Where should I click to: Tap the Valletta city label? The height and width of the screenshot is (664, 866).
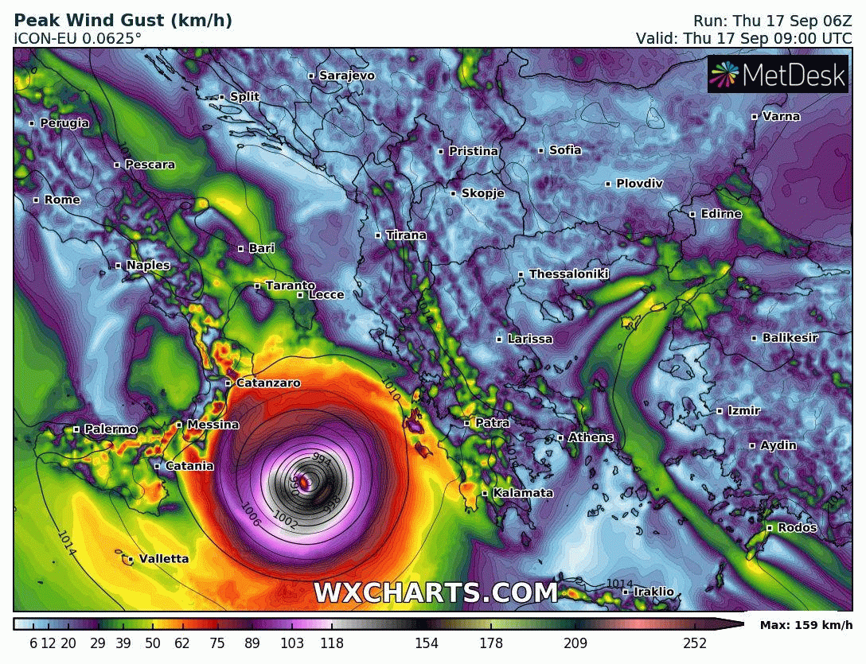tap(163, 559)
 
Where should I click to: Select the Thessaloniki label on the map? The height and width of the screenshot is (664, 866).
tap(568, 274)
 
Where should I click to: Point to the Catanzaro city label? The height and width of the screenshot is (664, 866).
tap(267, 383)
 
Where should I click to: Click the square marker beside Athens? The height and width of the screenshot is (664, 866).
tap(560, 437)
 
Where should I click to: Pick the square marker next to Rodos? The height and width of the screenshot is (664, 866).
tap(770, 528)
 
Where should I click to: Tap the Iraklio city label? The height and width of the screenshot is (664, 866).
tap(653, 592)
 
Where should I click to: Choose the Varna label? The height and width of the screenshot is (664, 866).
tap(781, 116)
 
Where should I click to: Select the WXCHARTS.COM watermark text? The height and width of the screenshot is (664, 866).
tap(435, 592)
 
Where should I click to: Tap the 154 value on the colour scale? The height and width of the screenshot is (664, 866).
tap(427, 643)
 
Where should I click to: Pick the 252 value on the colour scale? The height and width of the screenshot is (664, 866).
tap(694, 643)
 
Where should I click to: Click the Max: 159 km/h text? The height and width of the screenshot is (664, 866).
tap(806, 625)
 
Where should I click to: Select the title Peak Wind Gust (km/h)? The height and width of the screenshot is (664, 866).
tap(123, 21)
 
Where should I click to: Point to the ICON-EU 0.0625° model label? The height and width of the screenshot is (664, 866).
tap(78, 37)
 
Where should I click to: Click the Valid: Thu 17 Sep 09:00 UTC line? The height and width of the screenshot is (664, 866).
tap(743, 37)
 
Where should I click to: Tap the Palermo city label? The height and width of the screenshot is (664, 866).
tap(111, 429)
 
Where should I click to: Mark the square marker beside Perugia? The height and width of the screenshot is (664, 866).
tap(32, 123)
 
